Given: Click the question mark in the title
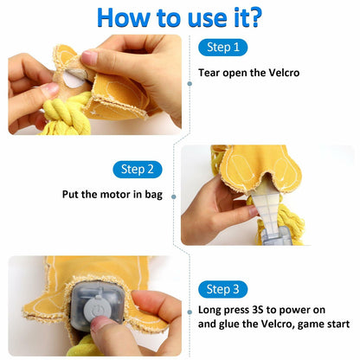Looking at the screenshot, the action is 254,17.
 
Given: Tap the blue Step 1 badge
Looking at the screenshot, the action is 222,48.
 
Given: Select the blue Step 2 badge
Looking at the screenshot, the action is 138,170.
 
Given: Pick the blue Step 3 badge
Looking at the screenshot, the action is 222,289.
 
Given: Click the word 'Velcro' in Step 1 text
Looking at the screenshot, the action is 284,73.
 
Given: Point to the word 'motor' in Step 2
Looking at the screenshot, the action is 115,195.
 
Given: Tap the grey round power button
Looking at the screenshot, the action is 98,308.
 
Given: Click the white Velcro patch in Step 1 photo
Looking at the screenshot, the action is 73,79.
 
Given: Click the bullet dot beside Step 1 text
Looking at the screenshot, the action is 190,84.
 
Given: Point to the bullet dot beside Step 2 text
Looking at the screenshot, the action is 174,196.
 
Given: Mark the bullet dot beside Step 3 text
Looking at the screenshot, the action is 190,312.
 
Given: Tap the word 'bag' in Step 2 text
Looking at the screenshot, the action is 153,195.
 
